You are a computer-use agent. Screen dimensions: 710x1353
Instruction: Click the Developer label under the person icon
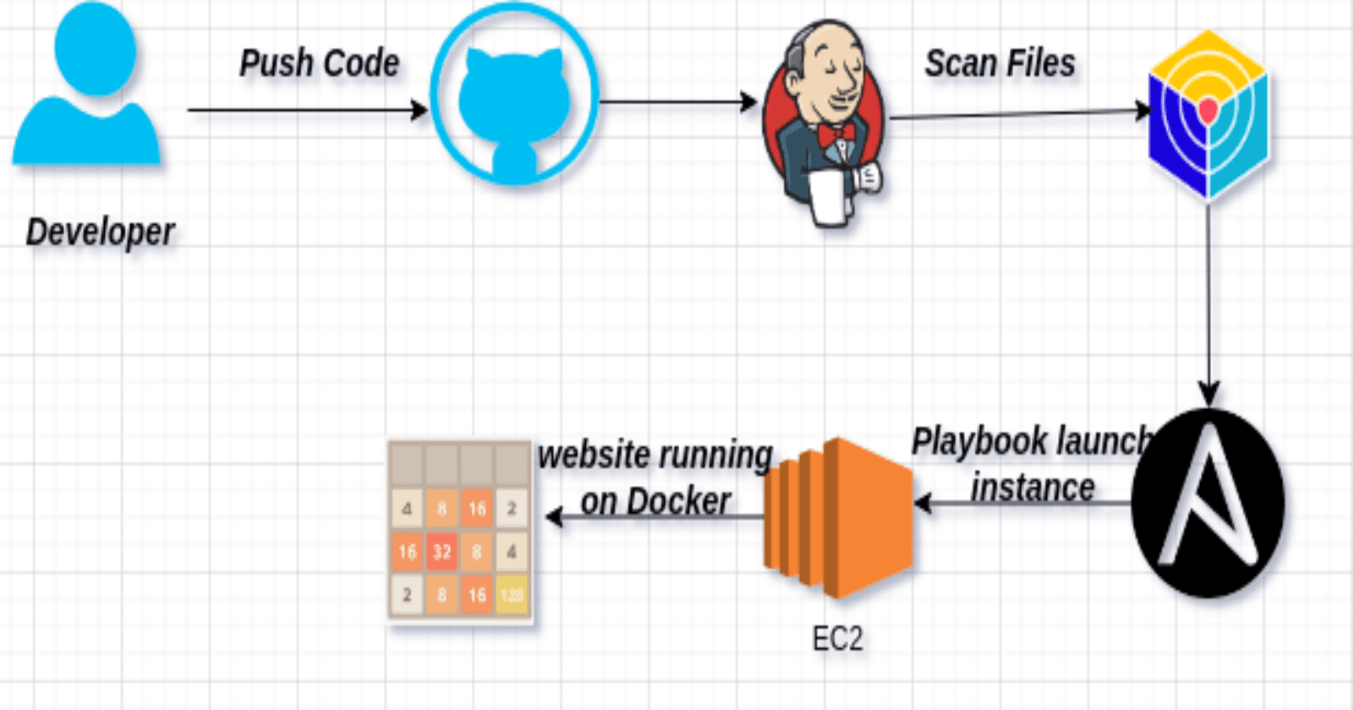(x=100, y=232)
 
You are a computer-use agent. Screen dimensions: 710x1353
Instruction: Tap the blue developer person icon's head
(x=95, y=46)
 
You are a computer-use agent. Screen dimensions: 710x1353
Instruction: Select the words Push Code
(x=319, y=63)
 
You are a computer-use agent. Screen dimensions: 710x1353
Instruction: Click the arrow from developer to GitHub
(x=304, y=110)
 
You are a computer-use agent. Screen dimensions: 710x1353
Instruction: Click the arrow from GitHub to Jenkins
(x=676, y=102)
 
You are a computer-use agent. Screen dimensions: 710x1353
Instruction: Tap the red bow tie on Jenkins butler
(x=835, y=134)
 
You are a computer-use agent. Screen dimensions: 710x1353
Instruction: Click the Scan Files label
(x=1000, y=63)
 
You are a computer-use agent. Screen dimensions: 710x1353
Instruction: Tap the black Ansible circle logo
(x=1208, y=503)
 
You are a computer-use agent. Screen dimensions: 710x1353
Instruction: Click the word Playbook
(x=979, y=442)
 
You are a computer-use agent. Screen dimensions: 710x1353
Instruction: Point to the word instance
(x=1033, y=489)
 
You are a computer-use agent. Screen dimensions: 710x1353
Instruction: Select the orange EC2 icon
(x=839, y=517)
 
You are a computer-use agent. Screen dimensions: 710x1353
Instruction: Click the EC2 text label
(x=837, y=639)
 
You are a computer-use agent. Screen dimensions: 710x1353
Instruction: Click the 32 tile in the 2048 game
(x=441, y=552)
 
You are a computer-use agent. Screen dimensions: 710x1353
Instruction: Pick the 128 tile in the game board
(x=512, y=595)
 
